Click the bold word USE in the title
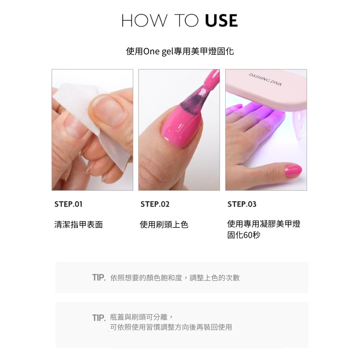[221, 21]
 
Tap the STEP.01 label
[68, 204]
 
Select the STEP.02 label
[155, 204]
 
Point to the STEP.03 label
[242, 204]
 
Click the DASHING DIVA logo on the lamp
[265, 80]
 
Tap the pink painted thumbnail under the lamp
[293, 170]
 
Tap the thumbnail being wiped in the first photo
[109, 111]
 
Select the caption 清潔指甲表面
[78, 225]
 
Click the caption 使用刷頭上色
[164, 225]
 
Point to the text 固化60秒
[244, 235]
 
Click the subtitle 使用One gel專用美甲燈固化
[180, 51]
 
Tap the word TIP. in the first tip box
[99, 278]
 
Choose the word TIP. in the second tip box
[99, 318]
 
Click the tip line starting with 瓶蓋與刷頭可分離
[141, 317]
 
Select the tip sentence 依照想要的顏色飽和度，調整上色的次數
[175, 278]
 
